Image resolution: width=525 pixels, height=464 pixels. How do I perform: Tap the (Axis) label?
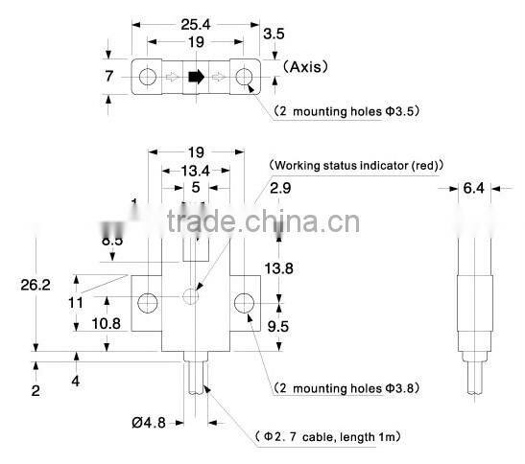point(305,69)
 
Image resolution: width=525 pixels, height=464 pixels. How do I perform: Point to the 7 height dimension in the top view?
point(108,75)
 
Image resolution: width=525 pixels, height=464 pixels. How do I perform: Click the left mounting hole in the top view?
point(150,76)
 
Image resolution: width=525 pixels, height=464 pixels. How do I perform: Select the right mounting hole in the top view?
point(244,76)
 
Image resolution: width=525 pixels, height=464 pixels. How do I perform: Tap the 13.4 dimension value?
point(195,171)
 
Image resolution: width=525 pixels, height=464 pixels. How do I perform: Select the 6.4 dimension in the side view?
point(472,189)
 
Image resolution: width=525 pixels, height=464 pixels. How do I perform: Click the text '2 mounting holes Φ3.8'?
point(346,388)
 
